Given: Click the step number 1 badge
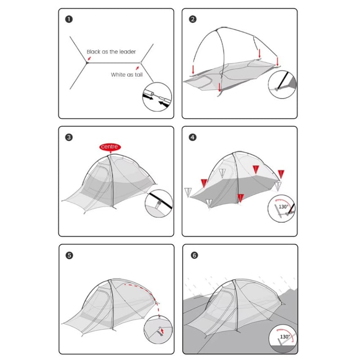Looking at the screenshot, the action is point(69,19).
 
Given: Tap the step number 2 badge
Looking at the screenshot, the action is point(193,19).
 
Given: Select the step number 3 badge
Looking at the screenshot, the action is point(69,137).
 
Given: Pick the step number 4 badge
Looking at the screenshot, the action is point(193,137).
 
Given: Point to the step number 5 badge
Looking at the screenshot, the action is point(69,255).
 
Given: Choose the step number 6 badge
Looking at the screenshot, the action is point(194,255).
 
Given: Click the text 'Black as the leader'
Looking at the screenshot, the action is point(111,52).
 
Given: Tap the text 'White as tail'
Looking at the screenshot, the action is point(127,75).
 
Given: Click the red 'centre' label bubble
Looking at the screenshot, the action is point(110,147).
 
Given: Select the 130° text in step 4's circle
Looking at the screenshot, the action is point(283,207).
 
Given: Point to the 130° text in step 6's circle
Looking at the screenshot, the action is point(285,337).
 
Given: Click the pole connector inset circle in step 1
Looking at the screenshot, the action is point(157,97).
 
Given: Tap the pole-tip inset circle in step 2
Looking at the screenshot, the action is point(282,85).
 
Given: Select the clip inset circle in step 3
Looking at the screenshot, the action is point(159,203).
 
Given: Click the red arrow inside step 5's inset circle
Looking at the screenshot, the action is point(162,331).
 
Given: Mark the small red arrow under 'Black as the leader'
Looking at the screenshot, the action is point(89,58).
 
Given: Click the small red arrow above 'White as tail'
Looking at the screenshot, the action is point(137,68).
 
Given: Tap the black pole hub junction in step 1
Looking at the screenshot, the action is point(87,63).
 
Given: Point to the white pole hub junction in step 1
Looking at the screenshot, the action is point(140,63).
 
